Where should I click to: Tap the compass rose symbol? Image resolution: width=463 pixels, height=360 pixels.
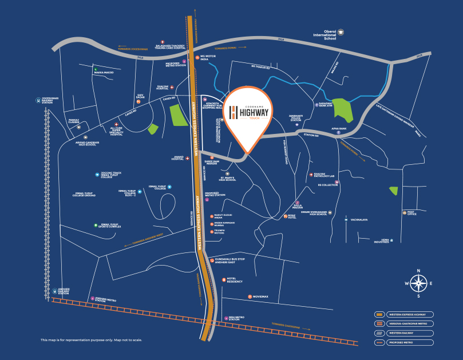[419, 283]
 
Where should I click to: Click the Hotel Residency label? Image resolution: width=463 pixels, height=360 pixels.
[235, 280]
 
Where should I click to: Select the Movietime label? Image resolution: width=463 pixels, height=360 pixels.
[260, 296]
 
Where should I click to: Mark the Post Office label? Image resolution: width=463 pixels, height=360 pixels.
[411, 213]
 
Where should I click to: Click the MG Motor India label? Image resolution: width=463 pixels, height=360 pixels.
[207, 58]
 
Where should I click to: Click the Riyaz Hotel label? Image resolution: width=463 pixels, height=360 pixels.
[291, 217]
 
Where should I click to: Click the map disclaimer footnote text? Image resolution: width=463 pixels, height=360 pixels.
[91, 340]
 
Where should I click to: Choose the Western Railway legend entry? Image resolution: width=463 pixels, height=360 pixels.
[403, 333]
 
